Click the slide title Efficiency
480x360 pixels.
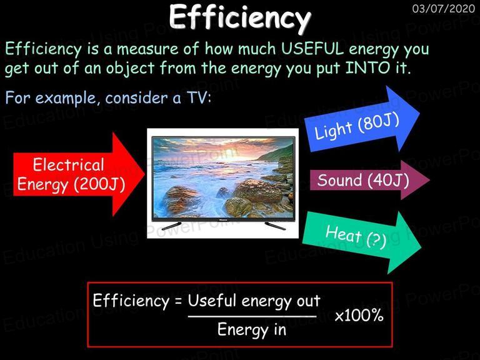tap(240, 17)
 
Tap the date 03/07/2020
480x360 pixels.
tap(444, 9)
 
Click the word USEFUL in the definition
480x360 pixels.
tap(312, 49)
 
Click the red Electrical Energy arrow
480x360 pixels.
tap(79, 174)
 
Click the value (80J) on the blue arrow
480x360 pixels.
tap(379, 123)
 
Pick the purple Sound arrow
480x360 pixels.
tap(370, 180)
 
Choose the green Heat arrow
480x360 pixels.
tap(362, 242)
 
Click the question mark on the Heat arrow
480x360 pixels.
tap(376, 240)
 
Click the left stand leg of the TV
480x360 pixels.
tap(171, 226)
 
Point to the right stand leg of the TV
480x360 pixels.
tap(275, 226)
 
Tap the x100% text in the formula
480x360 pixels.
tap(359, 316)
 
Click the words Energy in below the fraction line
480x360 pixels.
tap(252, 330)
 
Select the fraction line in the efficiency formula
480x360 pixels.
tap(252, 316)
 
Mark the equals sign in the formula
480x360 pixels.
tap(178, 301)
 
